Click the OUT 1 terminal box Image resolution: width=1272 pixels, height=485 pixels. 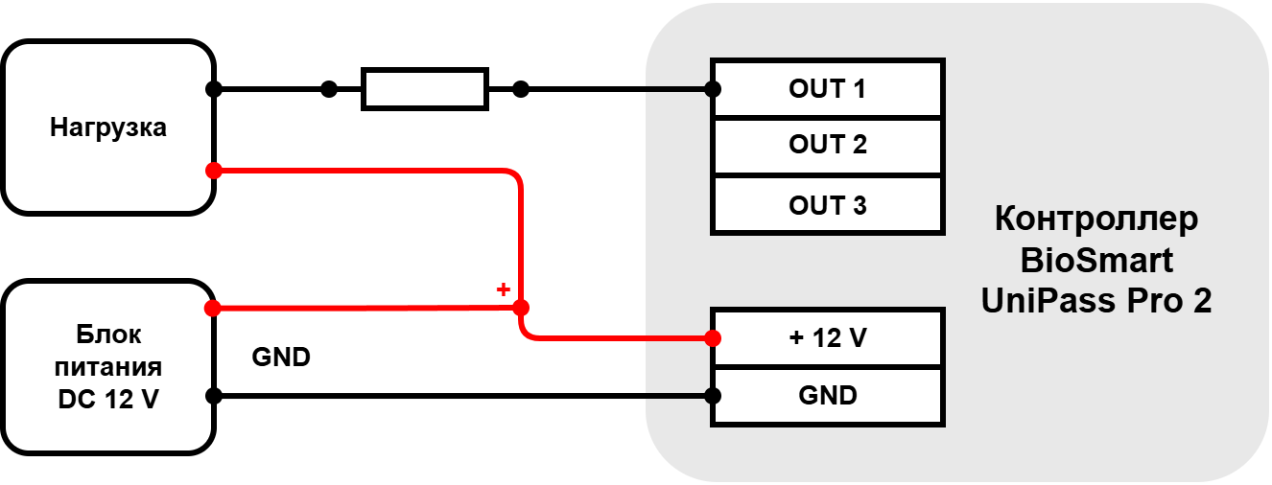tap(827, 88)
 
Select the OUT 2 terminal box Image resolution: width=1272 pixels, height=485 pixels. tap(827, 146)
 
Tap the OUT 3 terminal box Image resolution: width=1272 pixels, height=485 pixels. tap(827, 205)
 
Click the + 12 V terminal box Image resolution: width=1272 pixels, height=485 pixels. tap(827, 338)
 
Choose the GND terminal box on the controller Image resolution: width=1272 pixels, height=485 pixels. tap(827, 396)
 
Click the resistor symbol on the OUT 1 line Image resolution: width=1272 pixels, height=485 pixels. tap(425, 89)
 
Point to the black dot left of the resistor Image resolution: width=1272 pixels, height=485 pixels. tap(329, 89)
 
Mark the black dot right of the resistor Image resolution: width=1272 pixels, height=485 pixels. tap(521, 89)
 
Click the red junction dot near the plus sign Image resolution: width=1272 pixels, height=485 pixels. tap(521, 308)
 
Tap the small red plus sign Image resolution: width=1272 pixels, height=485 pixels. tap(503, 289)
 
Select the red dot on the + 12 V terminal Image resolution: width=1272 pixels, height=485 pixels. tap(713, 338)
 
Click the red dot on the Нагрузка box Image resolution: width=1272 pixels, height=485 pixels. tap(214, 171)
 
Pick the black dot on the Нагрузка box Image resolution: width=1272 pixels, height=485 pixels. tap(214, 89)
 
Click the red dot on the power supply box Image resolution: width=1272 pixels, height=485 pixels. tap(212, 308)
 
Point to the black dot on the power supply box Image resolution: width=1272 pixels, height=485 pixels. tap(214, 396)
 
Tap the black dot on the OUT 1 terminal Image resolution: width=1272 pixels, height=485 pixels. tap(713, 89)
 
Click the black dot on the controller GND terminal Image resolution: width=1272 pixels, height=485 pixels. tap(713, 396)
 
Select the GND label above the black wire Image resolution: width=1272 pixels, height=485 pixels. tap(281, 358)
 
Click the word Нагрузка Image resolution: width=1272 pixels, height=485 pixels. tap(107, 128)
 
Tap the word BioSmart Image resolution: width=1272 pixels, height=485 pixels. tap(1096, 261)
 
